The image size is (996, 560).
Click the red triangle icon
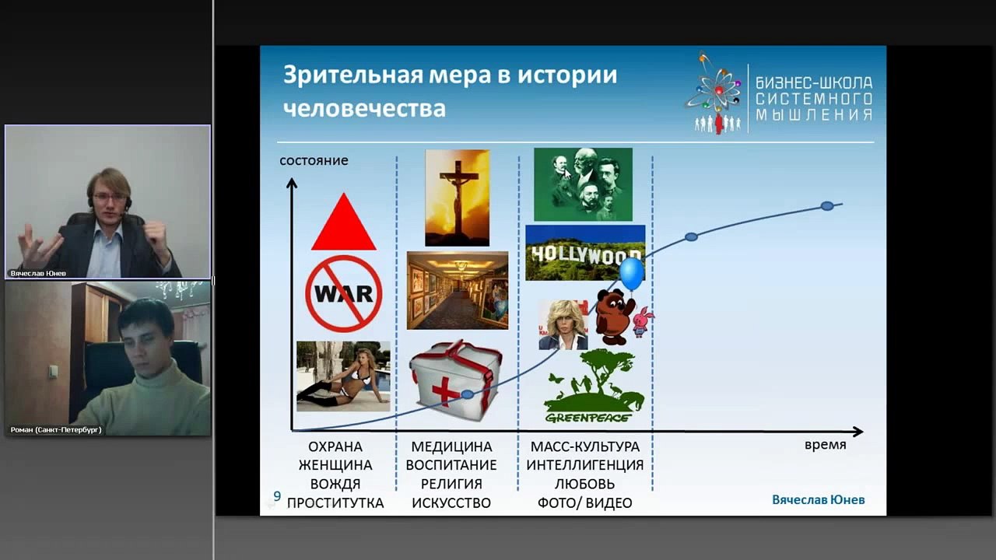[x=343, y=225]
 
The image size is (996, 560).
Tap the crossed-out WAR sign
[x=343, y=294]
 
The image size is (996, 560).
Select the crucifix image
[x=457, y=198]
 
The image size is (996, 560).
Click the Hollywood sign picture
[x=584, y=253]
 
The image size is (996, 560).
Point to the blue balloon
[x=631, y=274]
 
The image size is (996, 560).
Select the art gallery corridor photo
[x=457, y=290]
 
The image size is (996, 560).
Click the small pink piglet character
[x=643, y=320]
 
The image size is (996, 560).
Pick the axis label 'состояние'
[x=314, y=161]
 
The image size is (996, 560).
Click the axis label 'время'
[x=825, y=446]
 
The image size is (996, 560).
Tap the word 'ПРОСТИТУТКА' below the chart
[x=335, y=503]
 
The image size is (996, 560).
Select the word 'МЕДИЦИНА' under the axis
[x=451, y=447]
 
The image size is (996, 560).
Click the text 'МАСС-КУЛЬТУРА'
[x=584, y=447]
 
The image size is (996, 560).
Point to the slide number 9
[x=277, y=496]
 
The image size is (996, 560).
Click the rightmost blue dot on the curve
[x=827, y=206]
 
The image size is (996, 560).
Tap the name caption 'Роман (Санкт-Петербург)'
[x=56, y=429]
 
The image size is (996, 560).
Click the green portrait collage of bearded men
[x=583, y=185]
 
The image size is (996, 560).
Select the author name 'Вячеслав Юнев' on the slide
[x=818, y=499]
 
